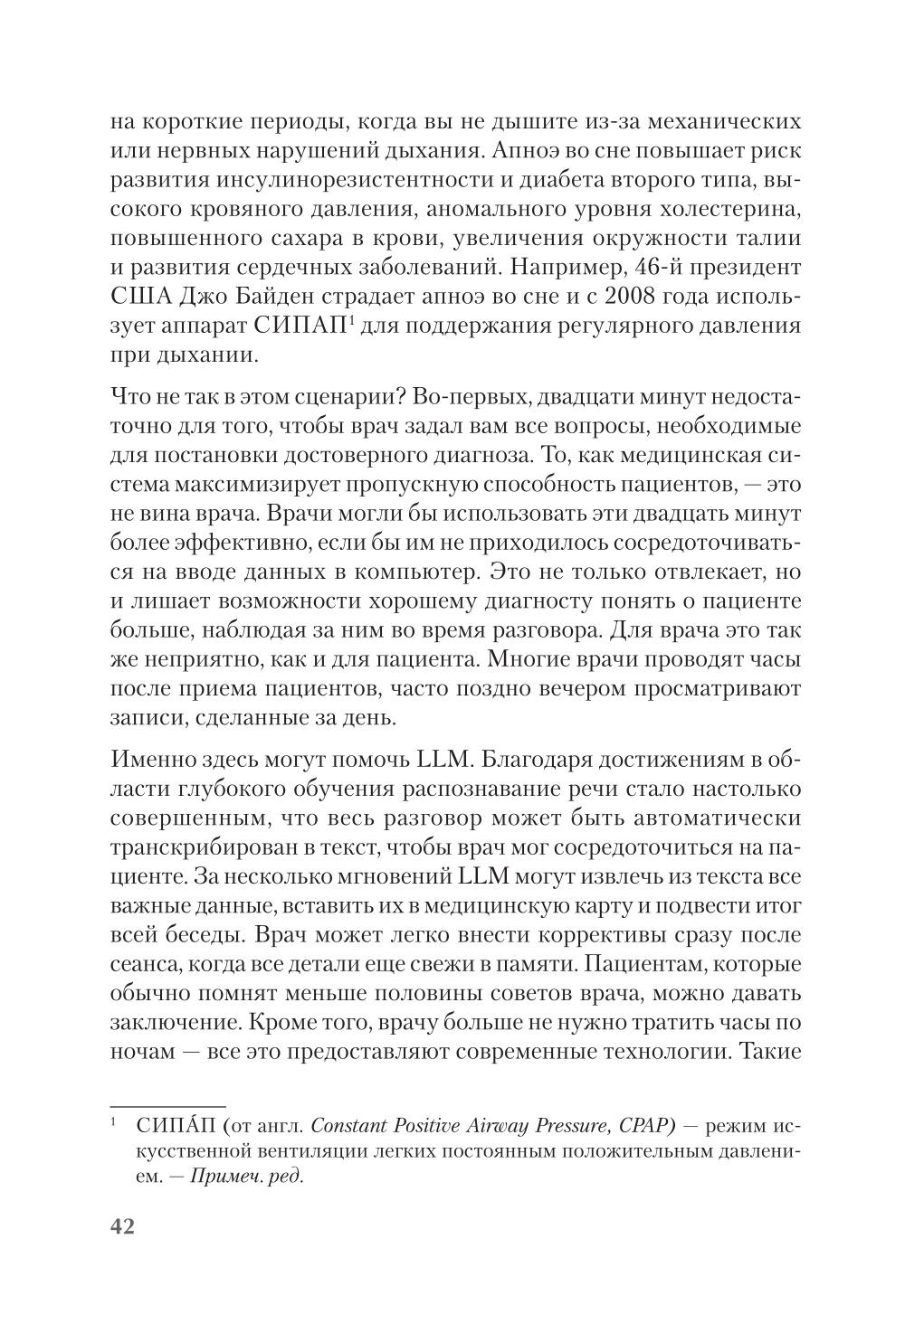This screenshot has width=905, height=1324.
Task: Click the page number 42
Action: click(122, 1227)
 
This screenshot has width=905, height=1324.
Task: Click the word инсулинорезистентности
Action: click(363, 180)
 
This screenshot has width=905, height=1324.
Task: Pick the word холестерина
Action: click(725, 209)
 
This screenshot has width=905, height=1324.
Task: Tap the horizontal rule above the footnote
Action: click(167, 1106)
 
